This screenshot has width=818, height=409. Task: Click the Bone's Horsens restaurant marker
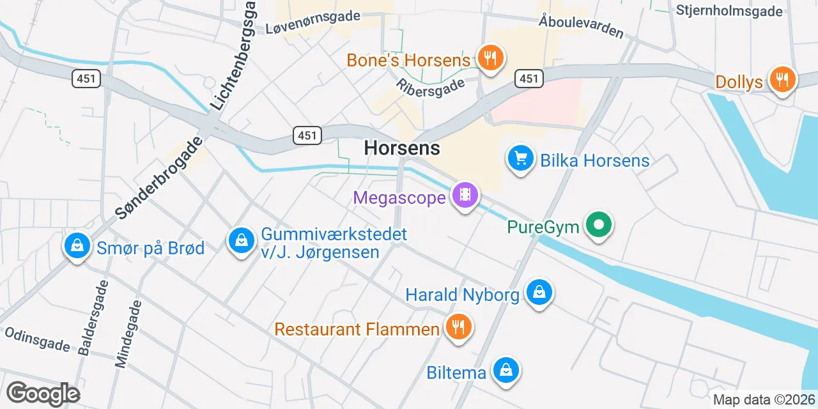point(490,59)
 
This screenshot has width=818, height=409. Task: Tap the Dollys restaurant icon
point(782,81)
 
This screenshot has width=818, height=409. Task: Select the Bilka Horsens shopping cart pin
point(520,158)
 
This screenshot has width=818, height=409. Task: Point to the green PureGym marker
point(599,226)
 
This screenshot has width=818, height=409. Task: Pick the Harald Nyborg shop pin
point(539,293)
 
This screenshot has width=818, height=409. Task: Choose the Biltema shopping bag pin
point(506,371)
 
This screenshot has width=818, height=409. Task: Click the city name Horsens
point(402,148)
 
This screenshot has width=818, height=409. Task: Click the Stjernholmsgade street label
point(729,11)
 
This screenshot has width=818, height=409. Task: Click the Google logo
point(43,394)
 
